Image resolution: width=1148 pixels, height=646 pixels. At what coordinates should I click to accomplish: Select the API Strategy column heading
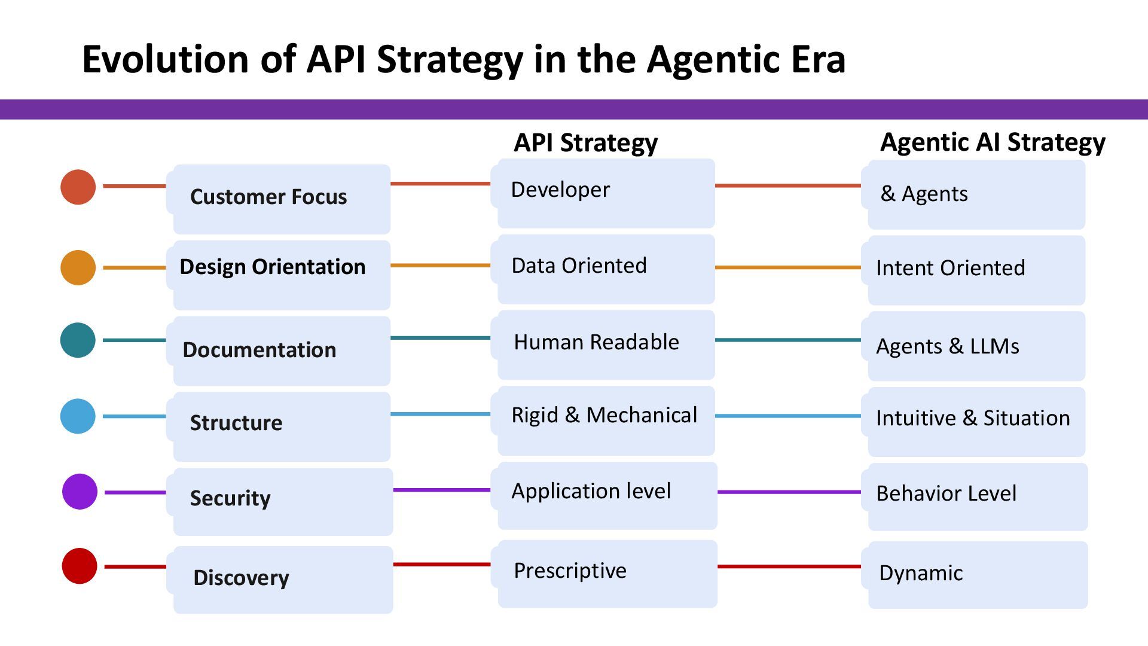point(585,144)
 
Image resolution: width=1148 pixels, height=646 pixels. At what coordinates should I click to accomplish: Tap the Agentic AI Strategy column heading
point(993,143)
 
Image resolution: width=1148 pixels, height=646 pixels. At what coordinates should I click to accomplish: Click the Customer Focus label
point(268,197)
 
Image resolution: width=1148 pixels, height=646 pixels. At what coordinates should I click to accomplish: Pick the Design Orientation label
point(273,267)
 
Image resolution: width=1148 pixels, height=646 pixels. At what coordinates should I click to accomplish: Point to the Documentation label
point(259,350)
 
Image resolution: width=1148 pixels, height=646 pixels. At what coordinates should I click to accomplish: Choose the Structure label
point(236,423)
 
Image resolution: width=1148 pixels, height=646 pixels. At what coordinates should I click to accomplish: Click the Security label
point(230,498)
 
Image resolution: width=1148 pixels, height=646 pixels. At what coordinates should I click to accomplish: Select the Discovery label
point(241,578)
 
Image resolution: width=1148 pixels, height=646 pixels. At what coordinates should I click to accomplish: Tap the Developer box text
point(560,190)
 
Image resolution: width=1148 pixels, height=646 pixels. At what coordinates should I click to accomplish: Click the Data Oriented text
point(579,266)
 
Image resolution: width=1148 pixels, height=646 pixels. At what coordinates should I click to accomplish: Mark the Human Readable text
point(596,342)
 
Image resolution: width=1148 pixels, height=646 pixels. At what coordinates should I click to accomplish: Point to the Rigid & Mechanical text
point(604,415)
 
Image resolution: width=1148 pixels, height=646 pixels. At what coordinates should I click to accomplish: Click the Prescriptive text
point(570,571)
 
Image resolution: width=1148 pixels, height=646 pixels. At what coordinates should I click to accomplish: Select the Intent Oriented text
point(950,268)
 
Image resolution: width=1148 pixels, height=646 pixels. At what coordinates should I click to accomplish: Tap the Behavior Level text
point(946,493)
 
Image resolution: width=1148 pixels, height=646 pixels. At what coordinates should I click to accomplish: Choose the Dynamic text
point(921,573)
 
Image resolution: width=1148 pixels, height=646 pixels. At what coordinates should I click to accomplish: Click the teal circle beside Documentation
point(78,340)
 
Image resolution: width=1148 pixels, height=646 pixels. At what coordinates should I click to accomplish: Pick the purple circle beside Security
point(80,492)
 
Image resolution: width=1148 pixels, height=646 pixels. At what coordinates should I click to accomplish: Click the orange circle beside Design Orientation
point(78,267)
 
